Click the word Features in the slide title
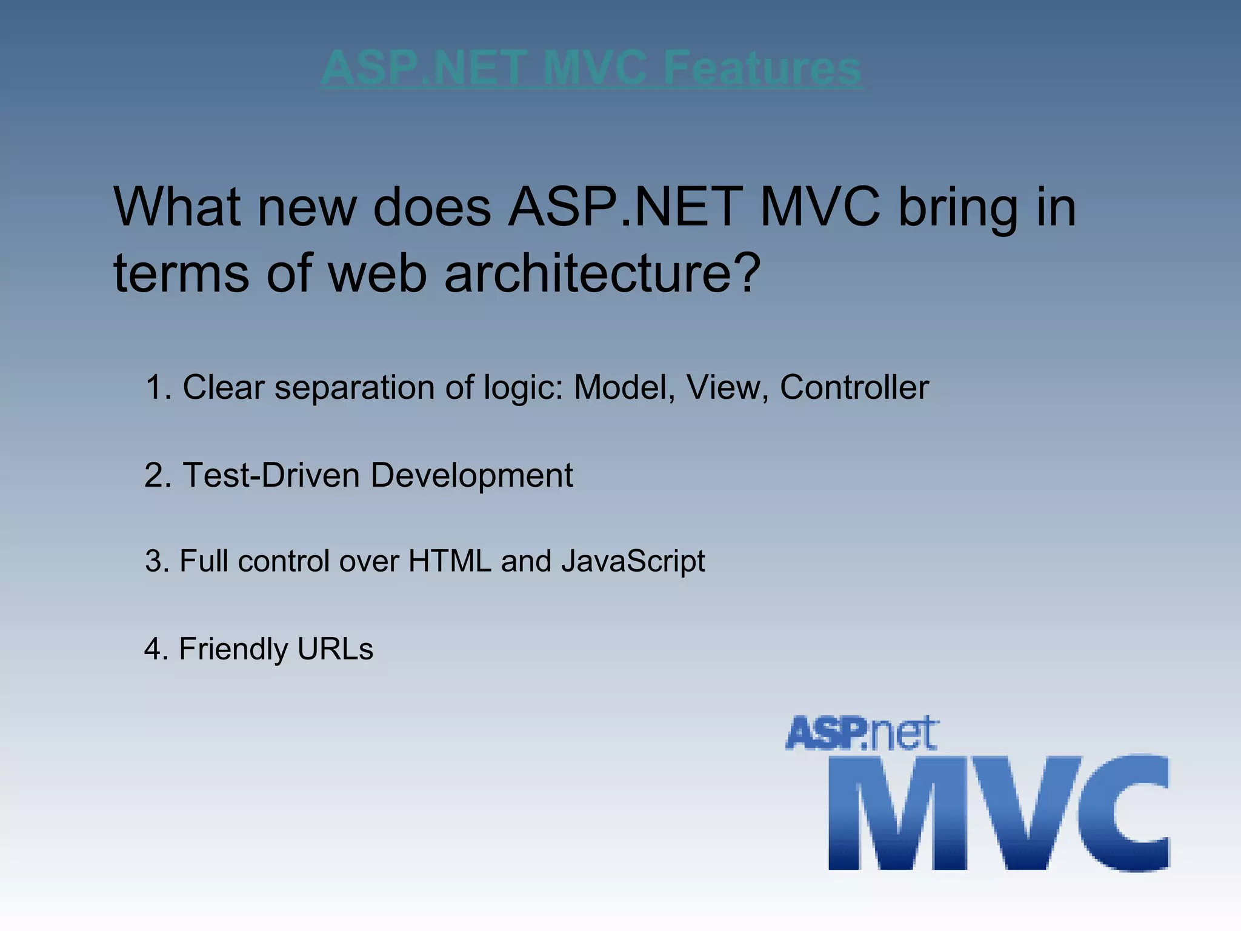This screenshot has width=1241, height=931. point(762,68)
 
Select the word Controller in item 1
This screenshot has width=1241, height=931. point(854,387)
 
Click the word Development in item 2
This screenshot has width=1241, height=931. point(471,476)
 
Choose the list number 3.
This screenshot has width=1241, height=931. point(156,561)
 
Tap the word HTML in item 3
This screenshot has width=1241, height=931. point(449,561)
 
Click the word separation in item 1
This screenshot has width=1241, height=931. point(354,389)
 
